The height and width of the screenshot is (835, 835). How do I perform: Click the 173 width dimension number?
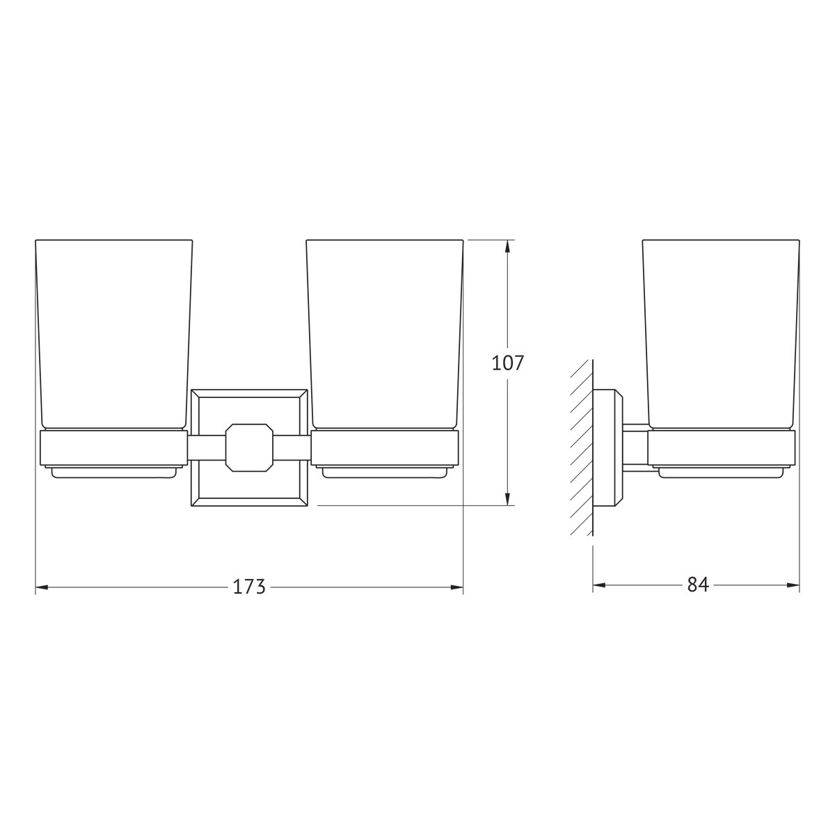click(x=249, y=587)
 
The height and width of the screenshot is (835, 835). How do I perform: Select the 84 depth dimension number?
click(x=698, y=585)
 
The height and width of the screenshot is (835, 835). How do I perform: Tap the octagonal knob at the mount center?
click(x=249, y=447)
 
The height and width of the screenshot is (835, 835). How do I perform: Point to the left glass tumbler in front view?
click(x=113, y=334)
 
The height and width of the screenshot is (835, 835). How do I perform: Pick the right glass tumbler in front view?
click(x=385, y=334)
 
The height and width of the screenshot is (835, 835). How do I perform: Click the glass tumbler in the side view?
click(x=721, y=334)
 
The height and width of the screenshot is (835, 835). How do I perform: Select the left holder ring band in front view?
click(x=113, y=448)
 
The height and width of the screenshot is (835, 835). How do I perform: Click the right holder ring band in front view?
click(x=385, y=448)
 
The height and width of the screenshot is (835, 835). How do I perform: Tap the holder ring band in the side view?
click(x=722, y=448)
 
